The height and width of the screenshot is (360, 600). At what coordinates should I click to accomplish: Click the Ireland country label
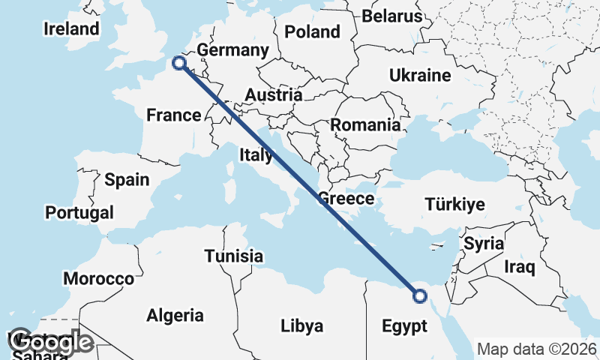pos(71,29)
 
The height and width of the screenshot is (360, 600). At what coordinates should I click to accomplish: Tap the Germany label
pos(233,50)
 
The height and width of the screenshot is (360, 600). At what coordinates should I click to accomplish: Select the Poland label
pos(312,31)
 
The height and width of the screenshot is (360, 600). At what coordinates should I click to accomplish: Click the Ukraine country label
pos(420,75)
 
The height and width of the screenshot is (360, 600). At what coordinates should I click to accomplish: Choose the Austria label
pos(274,95)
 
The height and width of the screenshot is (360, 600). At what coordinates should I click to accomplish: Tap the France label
pos(174,115)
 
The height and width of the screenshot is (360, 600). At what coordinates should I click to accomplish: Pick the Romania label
pos(365,124)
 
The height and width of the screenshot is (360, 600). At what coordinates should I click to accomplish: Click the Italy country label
pos(256,155)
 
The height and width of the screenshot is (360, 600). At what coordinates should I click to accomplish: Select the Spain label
pos(127,179)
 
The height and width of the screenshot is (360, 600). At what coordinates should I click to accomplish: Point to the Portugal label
pos(79,212)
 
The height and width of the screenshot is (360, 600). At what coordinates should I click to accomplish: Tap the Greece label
pos(346,199)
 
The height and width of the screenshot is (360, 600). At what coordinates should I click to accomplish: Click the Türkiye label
pos(455,204)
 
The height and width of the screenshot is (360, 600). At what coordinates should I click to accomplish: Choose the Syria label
pos(484,243)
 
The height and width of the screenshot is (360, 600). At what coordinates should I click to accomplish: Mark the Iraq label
pos(519,266)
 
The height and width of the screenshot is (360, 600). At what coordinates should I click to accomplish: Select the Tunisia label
pos(235,256)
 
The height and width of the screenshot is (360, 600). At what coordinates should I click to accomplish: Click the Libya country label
pos(302,325)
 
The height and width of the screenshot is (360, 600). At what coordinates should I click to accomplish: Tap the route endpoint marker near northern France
pos(179,63)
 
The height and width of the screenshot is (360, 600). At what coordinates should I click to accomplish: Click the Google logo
pos(51,342)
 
